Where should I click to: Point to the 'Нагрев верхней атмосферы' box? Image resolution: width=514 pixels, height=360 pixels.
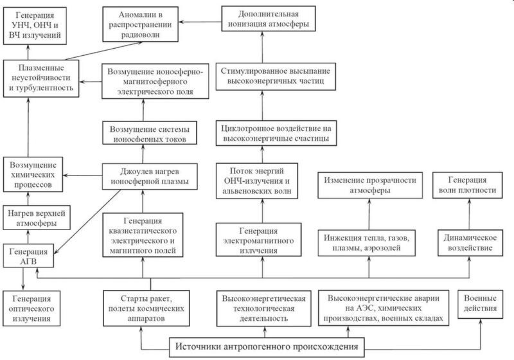[31, 217]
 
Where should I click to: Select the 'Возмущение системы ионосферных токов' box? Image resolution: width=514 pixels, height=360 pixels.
[150, 134]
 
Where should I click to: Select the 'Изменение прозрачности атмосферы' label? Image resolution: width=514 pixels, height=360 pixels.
[369, 185]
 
